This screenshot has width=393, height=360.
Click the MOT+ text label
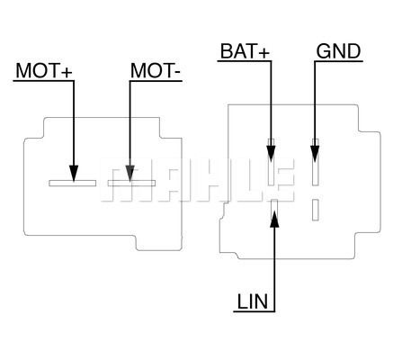click(x=42, y=69)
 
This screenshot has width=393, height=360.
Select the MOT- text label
click(x=158, y=69)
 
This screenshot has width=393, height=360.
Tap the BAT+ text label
click(x=244, y=50)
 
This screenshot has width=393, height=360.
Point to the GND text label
click(x=338, y=50)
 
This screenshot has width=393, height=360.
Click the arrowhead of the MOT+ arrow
click(x=75, y=170)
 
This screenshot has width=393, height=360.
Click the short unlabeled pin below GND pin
click(x=315, y=209)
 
